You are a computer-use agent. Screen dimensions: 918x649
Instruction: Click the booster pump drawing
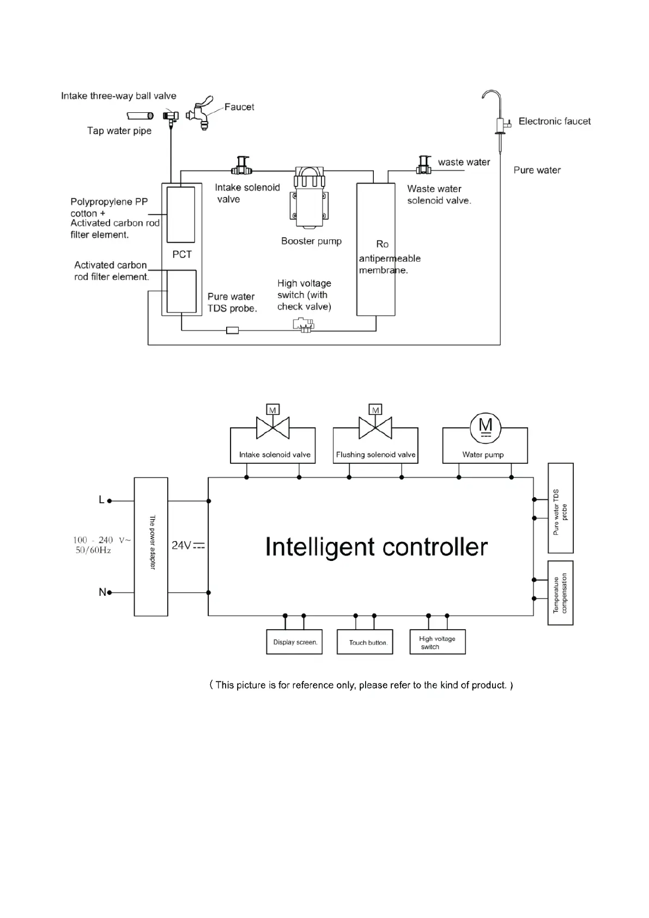coord(311,197)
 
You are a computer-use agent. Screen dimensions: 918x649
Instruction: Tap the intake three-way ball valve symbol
coord(171,116)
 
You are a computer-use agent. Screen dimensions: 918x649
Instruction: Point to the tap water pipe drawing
coord(140,116)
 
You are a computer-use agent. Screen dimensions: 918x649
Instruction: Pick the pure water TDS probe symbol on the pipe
coord(232,330)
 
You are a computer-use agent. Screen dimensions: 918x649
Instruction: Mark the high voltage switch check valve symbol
coord(304,325)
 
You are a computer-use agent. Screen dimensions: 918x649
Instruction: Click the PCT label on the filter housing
coord(182,255)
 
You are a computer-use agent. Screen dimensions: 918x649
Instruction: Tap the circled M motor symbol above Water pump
coord(485,426)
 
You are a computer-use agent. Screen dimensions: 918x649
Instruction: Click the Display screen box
coord(294,642)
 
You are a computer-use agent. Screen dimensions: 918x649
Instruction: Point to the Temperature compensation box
coord(560,593)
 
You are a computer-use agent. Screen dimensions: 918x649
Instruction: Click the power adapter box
coord(151,546)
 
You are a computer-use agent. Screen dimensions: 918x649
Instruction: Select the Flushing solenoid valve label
coord(375,455)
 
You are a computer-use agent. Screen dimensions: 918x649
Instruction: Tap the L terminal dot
coord(110,500)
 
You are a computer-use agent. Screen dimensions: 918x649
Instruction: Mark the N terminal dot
coord(110,593)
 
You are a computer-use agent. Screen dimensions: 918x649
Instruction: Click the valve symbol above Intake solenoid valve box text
coord(272,427)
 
